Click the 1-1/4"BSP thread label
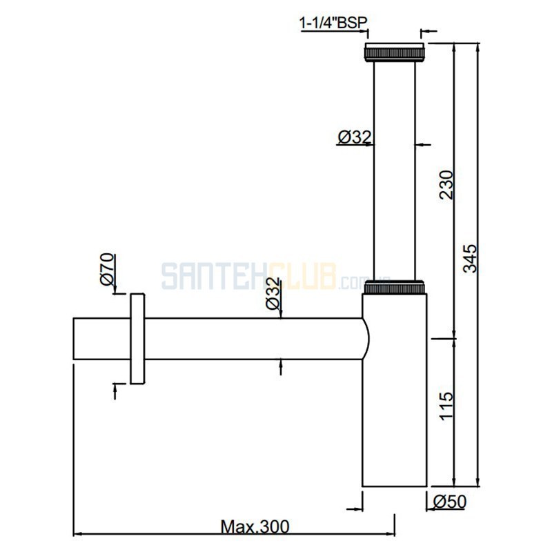click(333, 23)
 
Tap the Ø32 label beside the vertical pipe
click(355, 137)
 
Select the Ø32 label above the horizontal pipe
click(273, 294)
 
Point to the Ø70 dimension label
click(107, 269)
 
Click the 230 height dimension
click(446, 185)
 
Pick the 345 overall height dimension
click(470, 258)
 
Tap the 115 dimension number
click(446, 406)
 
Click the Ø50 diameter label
click(450, 502)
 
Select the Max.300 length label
click(255, 527)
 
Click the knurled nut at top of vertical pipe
click(394, 52)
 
